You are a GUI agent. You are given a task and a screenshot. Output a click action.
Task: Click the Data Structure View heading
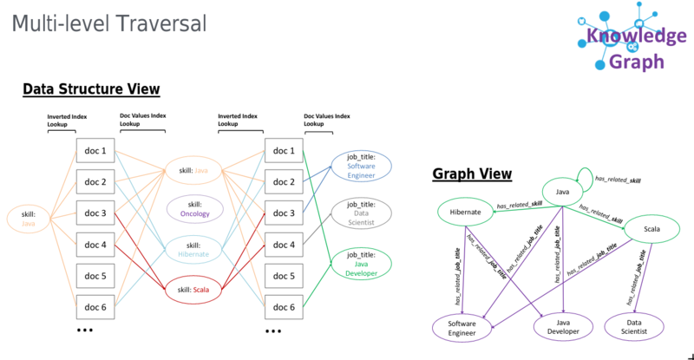(x=91, y=88)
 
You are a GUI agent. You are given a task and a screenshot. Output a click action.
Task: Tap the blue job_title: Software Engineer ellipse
(x=362, y=166)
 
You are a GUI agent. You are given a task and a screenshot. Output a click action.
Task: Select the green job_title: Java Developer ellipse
(x=362, y=264)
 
